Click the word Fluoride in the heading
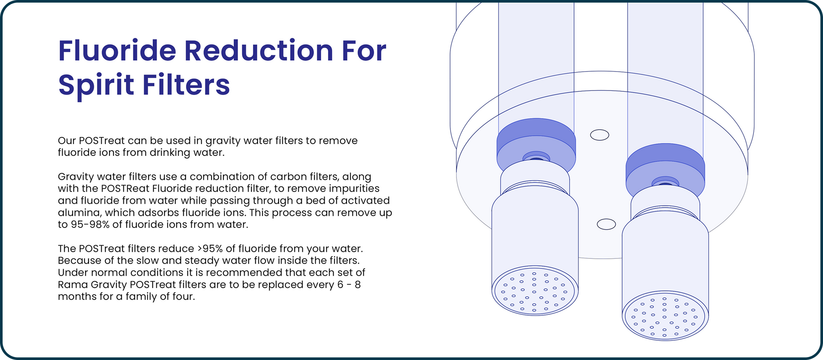(117, 51)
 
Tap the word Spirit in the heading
(96, 86)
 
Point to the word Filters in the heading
(186, 85)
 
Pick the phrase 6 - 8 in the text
(349, 285)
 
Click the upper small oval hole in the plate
(600, 135)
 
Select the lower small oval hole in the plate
(606, 224)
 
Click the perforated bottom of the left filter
(535, 290)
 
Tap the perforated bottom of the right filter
(665, 316)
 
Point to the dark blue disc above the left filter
(536, 136)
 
